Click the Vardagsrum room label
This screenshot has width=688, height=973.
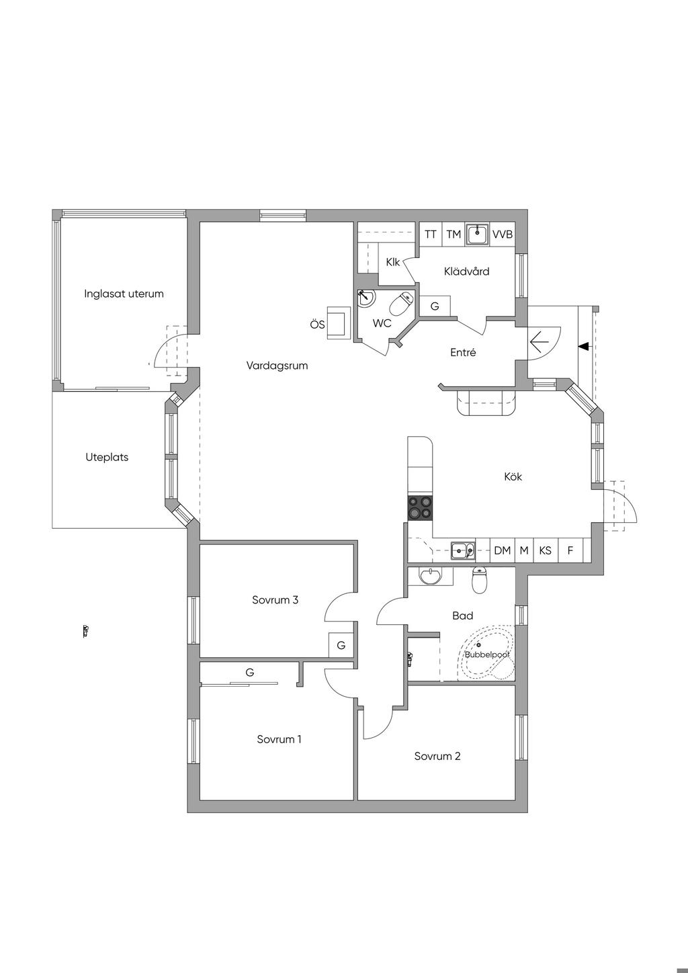[277, 366]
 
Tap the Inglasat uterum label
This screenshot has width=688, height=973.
[124, 294]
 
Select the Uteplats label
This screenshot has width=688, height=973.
[107, 457]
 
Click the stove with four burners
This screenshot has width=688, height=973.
[420, 508]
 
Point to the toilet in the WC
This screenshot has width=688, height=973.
[402, 304]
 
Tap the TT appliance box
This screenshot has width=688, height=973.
[431, 235]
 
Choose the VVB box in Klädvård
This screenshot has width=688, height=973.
[503, 235]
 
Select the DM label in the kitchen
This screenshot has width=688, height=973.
[502, 551]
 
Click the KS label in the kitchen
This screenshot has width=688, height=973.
[545, 551]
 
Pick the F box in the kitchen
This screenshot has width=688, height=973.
[570, 551]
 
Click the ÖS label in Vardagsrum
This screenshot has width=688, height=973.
[318, 324]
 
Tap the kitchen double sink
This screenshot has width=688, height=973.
[463, 551]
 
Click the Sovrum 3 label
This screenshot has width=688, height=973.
[275, 600]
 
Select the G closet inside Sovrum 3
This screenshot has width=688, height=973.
[341, 646]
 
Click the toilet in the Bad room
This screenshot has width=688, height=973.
[479, 581]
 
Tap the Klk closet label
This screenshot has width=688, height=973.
[393, 262]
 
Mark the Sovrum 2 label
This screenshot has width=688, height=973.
[437, 756]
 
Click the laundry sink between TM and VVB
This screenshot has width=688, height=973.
[477, 235]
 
